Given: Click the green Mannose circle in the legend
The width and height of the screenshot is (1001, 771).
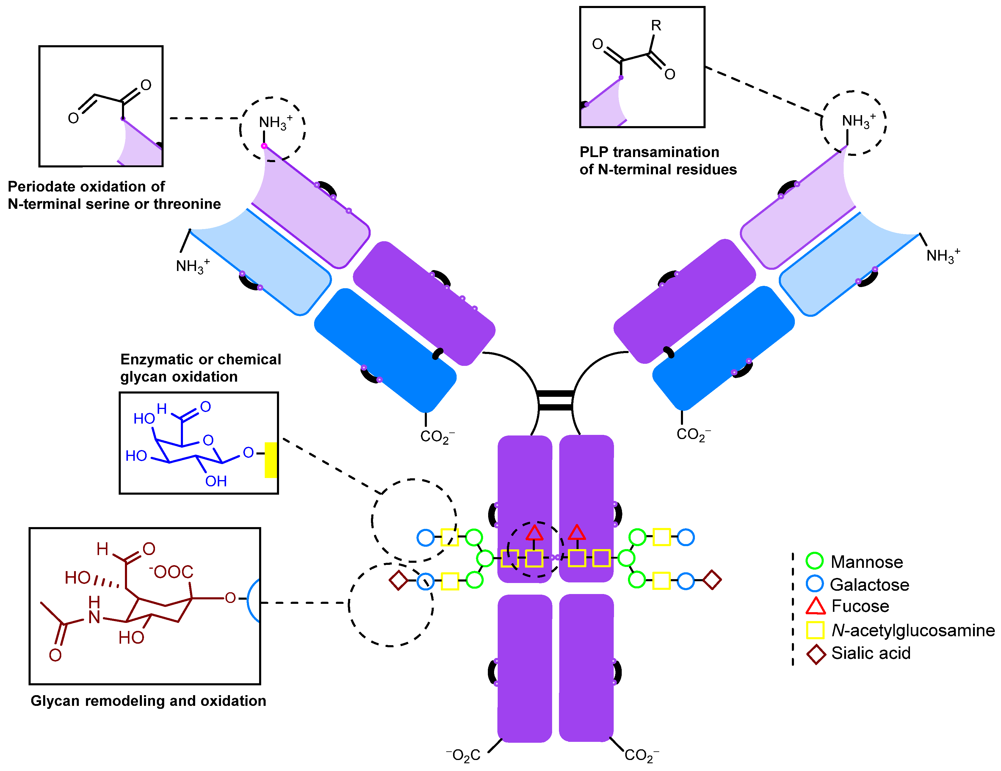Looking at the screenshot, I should pyautogui.click(x=814, y=561).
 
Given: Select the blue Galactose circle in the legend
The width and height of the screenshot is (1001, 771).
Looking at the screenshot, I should pyautogui.click(x=814, y=584).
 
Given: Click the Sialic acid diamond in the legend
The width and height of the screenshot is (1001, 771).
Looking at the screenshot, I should pyautogui.click(x=816, y=654).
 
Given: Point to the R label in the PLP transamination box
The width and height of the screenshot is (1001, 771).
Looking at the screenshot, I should pyautogui.click(x=656, y=26).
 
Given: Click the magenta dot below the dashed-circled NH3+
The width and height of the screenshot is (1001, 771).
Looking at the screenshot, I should pyautogui.click(x=264, y=146).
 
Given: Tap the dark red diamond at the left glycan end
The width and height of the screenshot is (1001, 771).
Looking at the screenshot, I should pyautogui.click(x=398, y=580).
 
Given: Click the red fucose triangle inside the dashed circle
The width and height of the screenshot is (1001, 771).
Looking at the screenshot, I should pyautogui.click(x=535, y=533).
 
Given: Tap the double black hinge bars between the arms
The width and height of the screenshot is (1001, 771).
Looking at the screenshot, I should pyautogui.click(x=555, y=400).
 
